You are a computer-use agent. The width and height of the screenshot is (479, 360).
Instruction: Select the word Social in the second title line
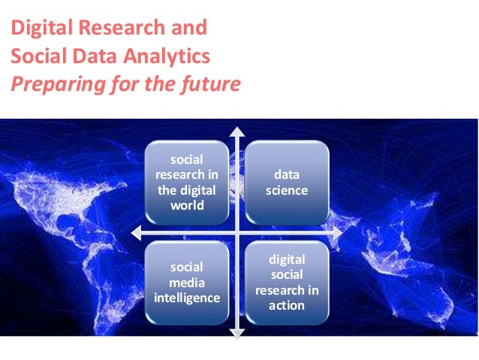[32, 56]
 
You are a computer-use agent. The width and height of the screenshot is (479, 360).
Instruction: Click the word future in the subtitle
[212, 83]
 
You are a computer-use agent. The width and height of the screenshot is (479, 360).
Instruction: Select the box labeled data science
[287, 183]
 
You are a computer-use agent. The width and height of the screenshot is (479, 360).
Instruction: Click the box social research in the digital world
[188, 183]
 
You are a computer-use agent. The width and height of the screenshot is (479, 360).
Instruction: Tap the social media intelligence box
[188, 282]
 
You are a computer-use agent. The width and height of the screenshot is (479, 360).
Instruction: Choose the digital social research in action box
[287, 282]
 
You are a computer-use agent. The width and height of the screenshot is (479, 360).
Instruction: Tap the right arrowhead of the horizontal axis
[338, 232]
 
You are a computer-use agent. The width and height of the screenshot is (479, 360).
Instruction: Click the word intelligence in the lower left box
[188, 298]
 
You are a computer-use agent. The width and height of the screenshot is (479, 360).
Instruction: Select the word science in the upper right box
[287, 190]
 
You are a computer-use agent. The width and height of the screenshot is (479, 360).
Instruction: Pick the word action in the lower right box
[287, 305]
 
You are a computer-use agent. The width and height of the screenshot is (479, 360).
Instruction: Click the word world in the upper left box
[188, 205]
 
